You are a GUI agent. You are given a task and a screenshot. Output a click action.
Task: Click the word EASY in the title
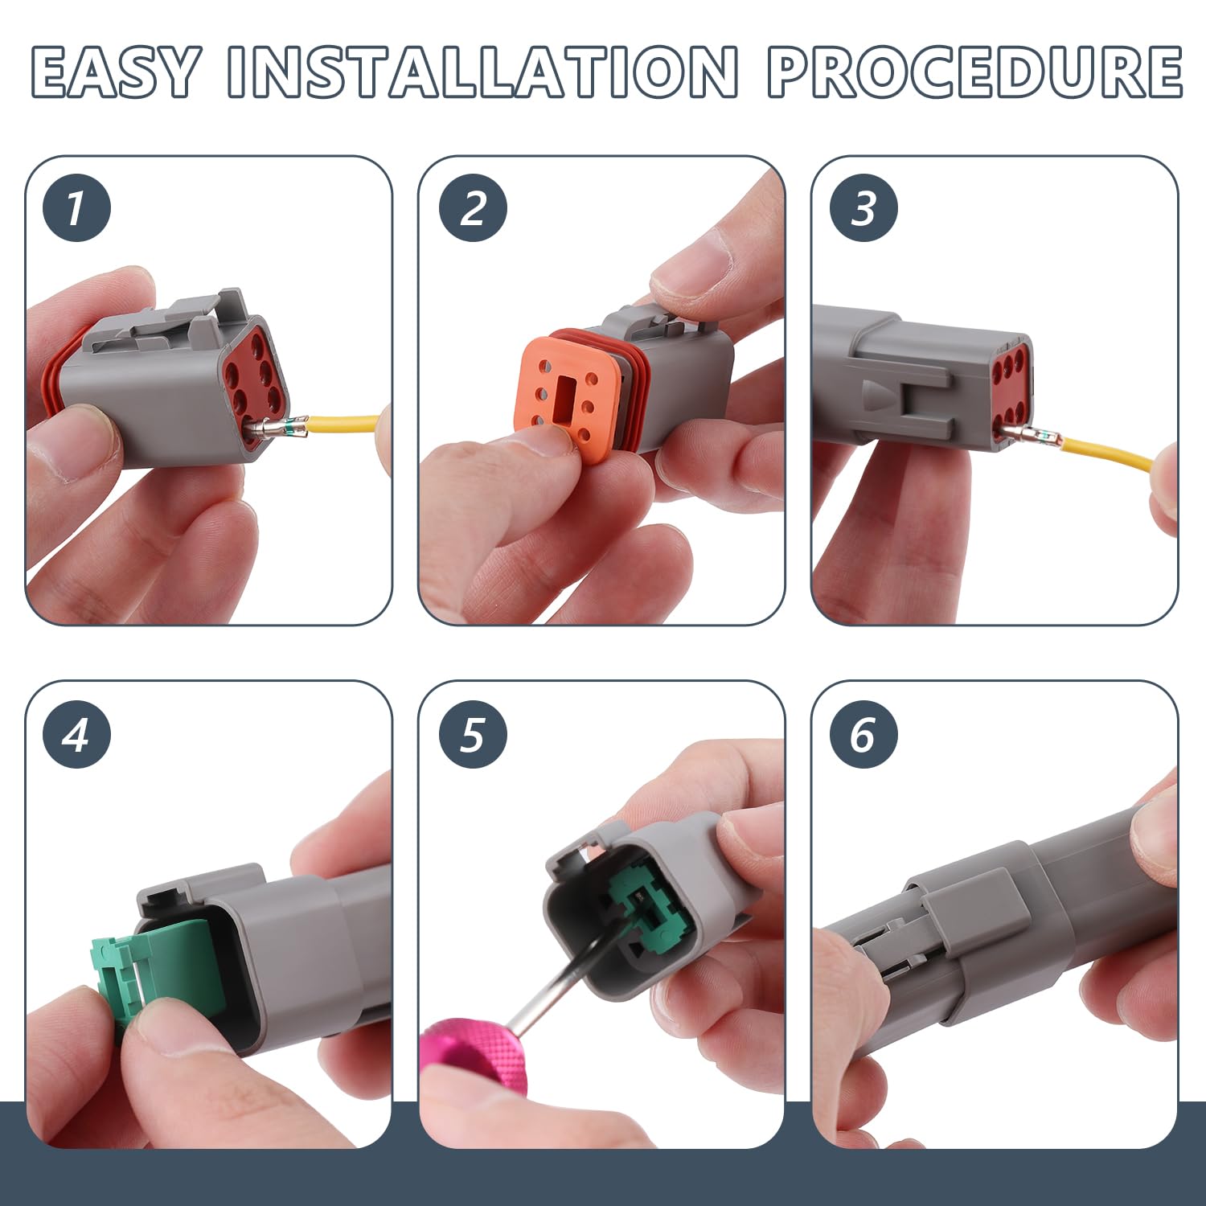115,72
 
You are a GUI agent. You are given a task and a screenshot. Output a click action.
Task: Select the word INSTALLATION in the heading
482,72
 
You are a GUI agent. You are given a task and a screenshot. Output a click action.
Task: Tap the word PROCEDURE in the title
974,72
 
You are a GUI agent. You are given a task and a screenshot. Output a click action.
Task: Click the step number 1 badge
76,207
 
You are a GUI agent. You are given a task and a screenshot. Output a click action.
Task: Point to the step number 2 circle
473,207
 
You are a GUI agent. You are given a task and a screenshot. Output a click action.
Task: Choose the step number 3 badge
863,207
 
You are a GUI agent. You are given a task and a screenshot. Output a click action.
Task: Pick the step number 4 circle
76,734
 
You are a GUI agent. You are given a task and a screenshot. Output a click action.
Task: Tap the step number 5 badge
473,734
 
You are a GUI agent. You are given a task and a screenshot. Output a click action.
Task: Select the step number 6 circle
863,734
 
